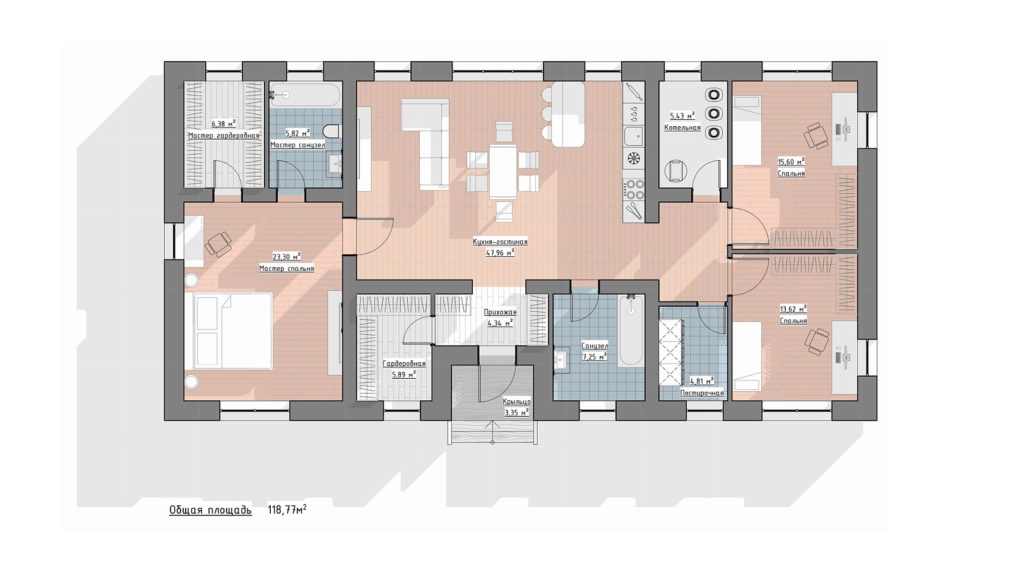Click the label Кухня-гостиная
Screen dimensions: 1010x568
coord(500,242)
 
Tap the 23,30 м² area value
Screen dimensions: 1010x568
coord(287,257)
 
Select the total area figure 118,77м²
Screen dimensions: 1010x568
coord(287,510)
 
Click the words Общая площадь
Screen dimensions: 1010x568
coord(211,511)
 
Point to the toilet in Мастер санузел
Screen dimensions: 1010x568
coord(331,131)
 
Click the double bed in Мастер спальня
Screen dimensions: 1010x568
coord(233,331)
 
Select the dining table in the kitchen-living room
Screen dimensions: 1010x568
coord(503,171)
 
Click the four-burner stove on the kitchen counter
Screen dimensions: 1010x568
coord(634,190)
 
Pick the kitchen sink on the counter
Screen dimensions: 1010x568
coord(634,136)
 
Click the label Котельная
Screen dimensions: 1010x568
coord(682,127)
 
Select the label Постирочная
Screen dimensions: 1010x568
coord(702,393)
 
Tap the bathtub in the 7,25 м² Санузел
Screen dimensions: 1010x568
coord(631,331)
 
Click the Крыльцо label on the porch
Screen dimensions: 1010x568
coord(517,401)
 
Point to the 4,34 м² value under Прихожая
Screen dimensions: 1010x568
coord(500,322)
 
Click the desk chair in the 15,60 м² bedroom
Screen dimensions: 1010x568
coord(816,136)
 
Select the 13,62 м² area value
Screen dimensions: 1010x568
coord(793,309)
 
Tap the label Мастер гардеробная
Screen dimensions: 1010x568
coord(223,135)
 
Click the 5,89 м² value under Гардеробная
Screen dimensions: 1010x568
coord(404,374)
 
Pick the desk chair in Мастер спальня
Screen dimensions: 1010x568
coord(218,244)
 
